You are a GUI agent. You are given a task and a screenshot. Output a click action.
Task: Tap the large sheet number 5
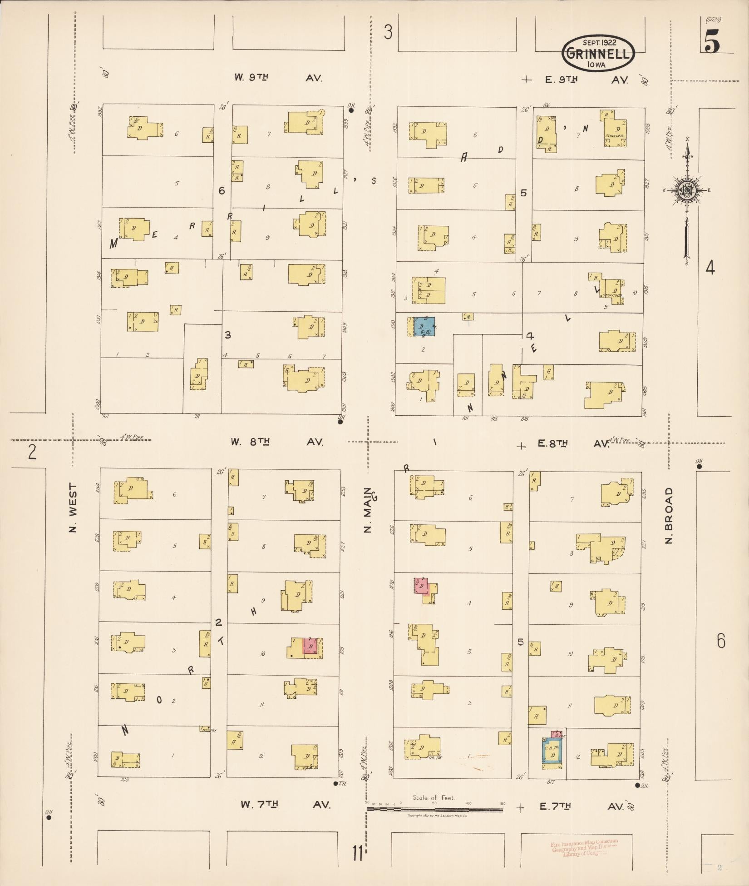[712, 43]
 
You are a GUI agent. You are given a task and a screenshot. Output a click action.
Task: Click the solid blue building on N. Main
[424, 327]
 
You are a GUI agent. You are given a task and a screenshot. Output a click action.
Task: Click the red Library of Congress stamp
[584, 848]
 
